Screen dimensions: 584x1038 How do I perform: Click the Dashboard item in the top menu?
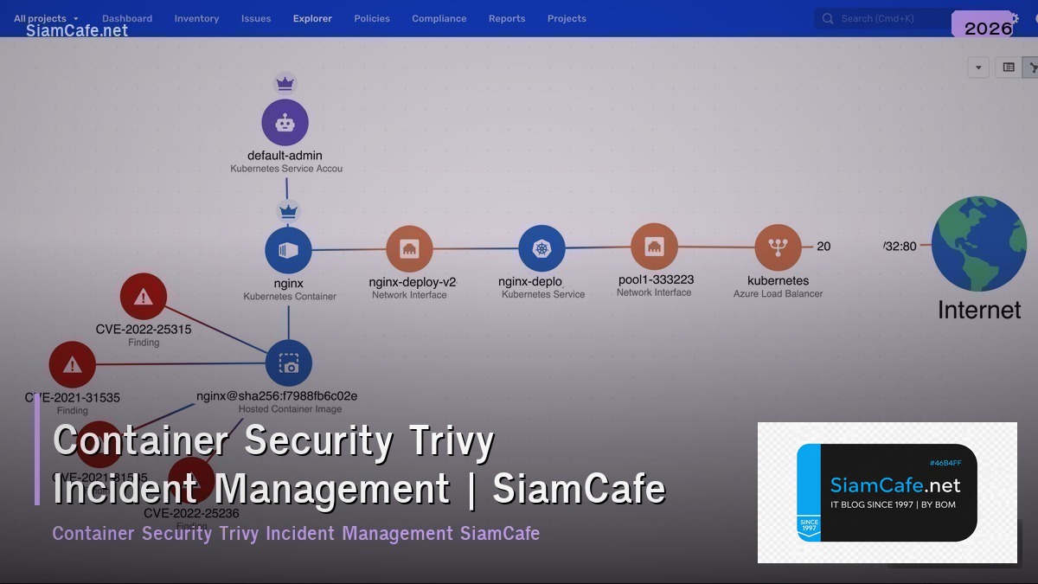127,18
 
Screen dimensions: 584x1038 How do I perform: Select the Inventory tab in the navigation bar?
196,18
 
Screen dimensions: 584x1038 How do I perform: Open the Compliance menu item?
439,18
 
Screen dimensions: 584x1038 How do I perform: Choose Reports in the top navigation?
507,18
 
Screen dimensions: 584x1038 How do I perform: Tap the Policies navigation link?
372,18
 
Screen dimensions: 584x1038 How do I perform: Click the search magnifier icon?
828,18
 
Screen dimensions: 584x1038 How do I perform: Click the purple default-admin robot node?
285,122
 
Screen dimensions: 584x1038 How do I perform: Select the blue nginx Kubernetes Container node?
288,250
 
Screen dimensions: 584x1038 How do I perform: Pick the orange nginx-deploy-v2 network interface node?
410,249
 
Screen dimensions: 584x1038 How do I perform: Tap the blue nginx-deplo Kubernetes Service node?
541,248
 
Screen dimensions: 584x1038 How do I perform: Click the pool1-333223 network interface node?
654,247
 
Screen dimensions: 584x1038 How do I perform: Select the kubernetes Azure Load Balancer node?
778,248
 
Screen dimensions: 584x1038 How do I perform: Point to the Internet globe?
978,244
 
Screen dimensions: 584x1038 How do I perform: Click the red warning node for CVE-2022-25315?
144,297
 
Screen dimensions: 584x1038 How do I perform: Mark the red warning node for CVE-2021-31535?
73,364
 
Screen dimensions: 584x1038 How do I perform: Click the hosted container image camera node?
289,363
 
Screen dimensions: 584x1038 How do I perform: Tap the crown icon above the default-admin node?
285,84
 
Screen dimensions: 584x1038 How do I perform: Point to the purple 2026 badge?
987,27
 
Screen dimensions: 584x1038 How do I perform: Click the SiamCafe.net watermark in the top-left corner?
77,31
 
